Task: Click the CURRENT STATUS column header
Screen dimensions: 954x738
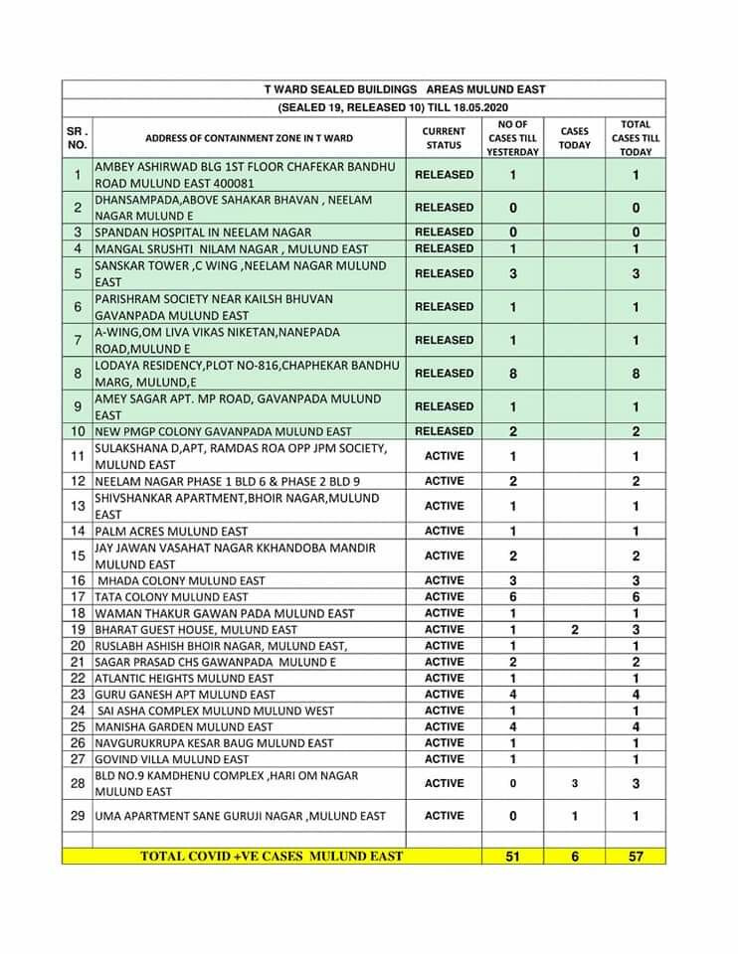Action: (444, 138)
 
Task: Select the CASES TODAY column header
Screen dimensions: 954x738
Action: (574, 138)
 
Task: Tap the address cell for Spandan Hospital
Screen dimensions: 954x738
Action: (189, 233)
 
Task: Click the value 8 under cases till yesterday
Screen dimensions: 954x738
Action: (512, 374)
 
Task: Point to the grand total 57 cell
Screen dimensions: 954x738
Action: (636, 856)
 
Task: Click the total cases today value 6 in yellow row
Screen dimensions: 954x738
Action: (574, 856)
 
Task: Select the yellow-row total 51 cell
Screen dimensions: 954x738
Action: (512, 856)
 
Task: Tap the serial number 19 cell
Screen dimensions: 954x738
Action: (78, 630)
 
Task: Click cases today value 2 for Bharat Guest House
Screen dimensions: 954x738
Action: (574, 630)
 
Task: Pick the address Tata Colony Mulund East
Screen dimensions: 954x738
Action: (172, 597)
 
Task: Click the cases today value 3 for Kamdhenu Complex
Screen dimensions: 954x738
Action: (574, 784)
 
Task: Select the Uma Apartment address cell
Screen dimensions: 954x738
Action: (241, 816)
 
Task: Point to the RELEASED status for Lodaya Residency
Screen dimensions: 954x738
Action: (444, 374)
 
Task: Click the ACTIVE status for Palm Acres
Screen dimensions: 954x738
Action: (444, 532)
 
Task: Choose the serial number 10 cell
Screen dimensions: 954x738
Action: (78, 432)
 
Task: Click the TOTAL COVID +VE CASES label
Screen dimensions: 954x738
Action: (272, 856)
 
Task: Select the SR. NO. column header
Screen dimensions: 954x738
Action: (78, 138)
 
